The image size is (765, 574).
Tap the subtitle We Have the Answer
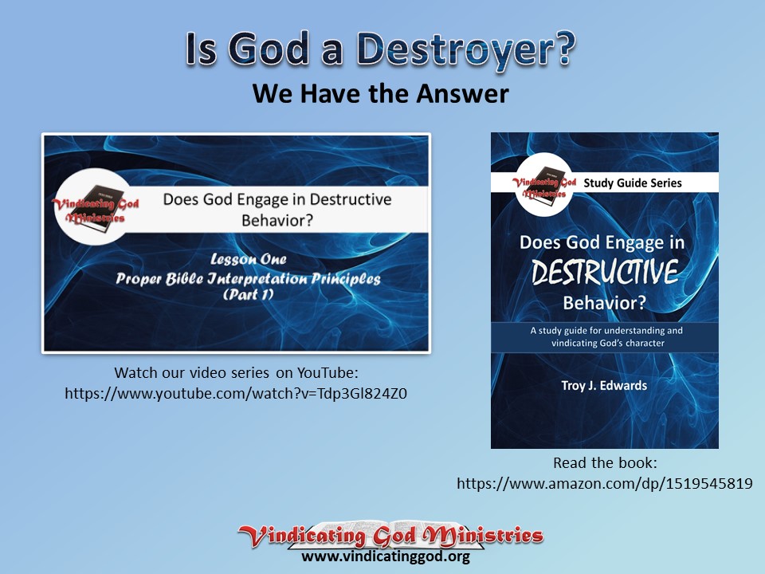tap(380, 93)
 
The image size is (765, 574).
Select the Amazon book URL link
tap(605, 483)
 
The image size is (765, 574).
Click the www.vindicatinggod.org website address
tap(385, 556)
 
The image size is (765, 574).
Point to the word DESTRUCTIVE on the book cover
tap(605, 273)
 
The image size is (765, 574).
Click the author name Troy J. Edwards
tap(604, 386)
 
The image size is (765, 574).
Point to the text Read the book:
tap(604, 463)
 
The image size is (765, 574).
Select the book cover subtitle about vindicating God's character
tap(605, 336)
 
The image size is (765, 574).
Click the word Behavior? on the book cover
tap(604, 302)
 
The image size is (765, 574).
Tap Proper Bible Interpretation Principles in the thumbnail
tap(248, 278)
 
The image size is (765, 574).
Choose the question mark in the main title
tap(563, 50)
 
